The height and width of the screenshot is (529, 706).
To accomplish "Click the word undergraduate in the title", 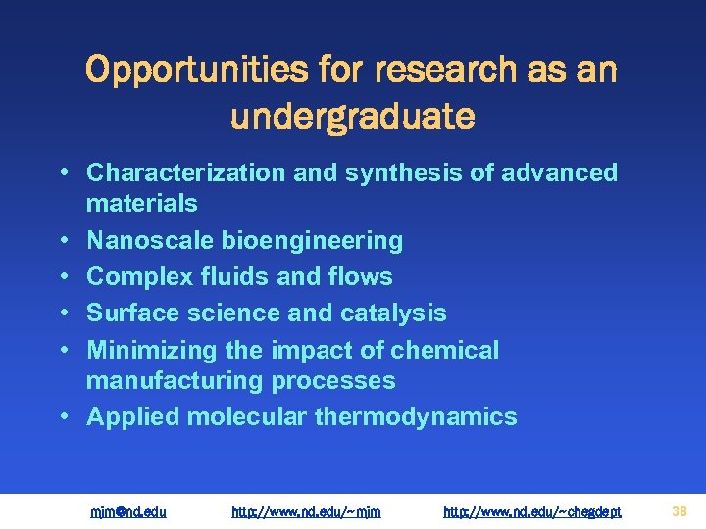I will click(x=353, y=117).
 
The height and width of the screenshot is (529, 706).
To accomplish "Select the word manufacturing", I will click(x=174, y=381).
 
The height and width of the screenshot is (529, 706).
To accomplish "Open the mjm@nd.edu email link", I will click(x=128, y=511).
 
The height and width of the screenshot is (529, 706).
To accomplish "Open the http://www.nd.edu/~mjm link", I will click(x=306, y=511).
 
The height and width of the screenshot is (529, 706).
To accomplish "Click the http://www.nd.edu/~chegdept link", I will click(x=532, y=511).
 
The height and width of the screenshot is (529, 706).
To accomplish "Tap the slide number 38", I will click(x=680, y=510).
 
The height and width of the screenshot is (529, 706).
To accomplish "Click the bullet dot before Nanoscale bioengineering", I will click(x=63, y=241).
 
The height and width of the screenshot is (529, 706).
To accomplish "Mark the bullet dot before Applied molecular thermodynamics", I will click(x=63, y=418).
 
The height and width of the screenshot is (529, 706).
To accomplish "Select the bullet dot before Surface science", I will click(x=63, y=314).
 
